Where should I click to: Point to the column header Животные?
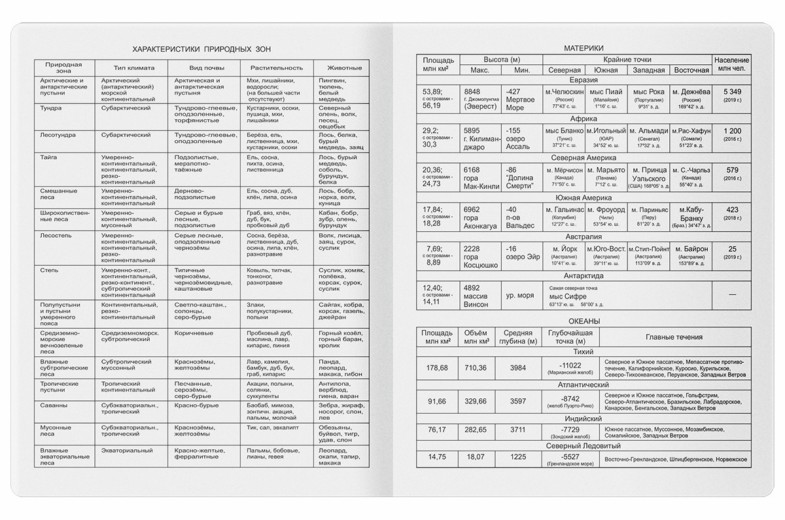point(340,67)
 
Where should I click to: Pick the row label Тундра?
point(52,107)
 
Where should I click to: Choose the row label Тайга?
point(49,157)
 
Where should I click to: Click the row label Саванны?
point(54,405)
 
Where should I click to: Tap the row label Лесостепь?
point(56,234)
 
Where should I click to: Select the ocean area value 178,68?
point(437,368)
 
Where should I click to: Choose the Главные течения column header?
point(674,337)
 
